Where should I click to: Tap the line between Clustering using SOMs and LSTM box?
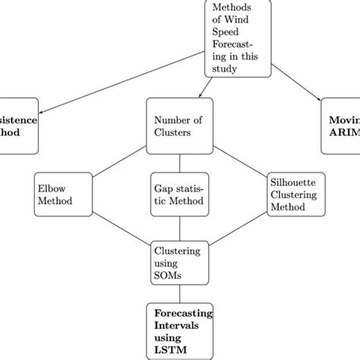click(x=179, y=292)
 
